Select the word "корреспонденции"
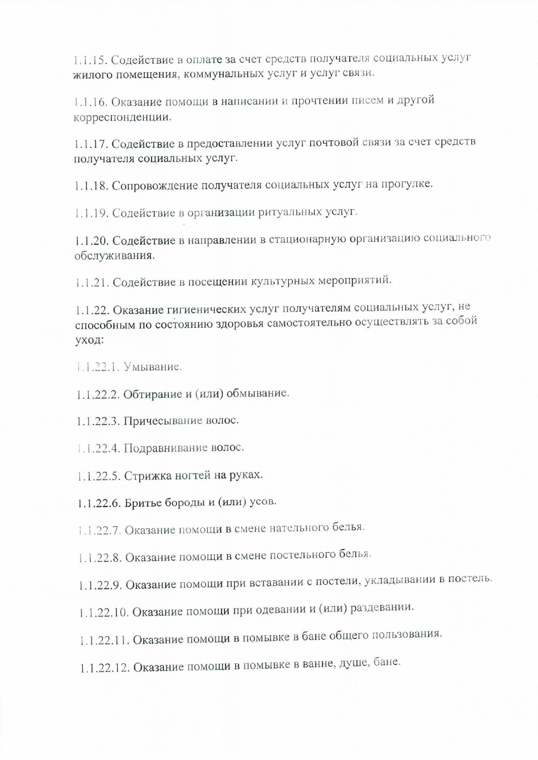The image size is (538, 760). (122, 117)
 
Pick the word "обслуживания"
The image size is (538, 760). (114, 255)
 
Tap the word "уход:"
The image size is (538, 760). (89, 340)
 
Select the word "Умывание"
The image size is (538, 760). (152, 367)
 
